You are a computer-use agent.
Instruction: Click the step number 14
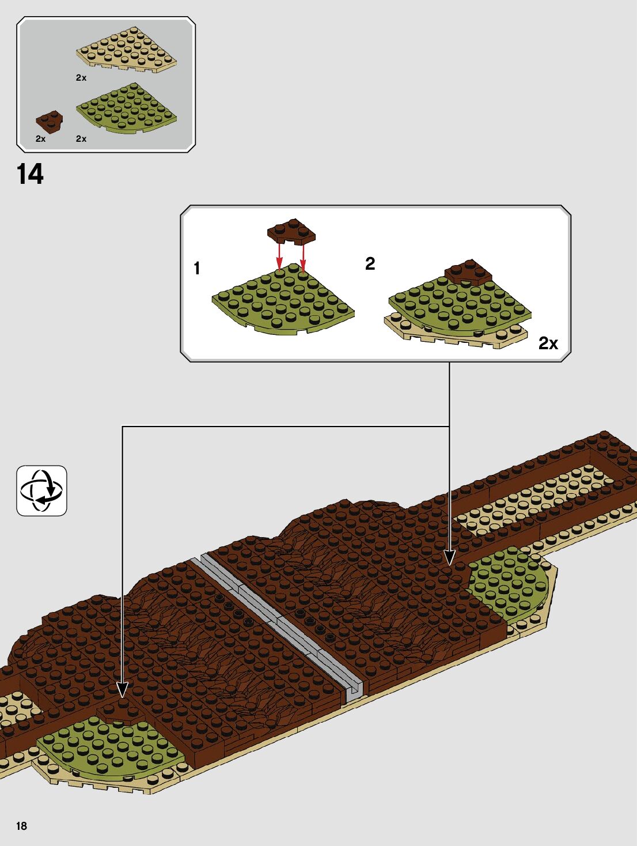30,174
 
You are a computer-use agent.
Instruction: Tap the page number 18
21,826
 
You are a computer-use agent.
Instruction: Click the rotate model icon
41,490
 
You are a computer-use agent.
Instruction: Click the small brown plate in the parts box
50,120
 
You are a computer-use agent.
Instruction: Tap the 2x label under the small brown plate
40,139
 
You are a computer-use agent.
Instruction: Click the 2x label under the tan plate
81,78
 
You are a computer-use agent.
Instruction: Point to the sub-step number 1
197,268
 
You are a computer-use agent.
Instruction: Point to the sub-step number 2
370,263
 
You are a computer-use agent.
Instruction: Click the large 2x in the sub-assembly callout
548,343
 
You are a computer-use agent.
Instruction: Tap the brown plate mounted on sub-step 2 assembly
468,271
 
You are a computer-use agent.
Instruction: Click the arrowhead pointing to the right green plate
449,557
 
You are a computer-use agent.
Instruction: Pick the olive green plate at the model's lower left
109,749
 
